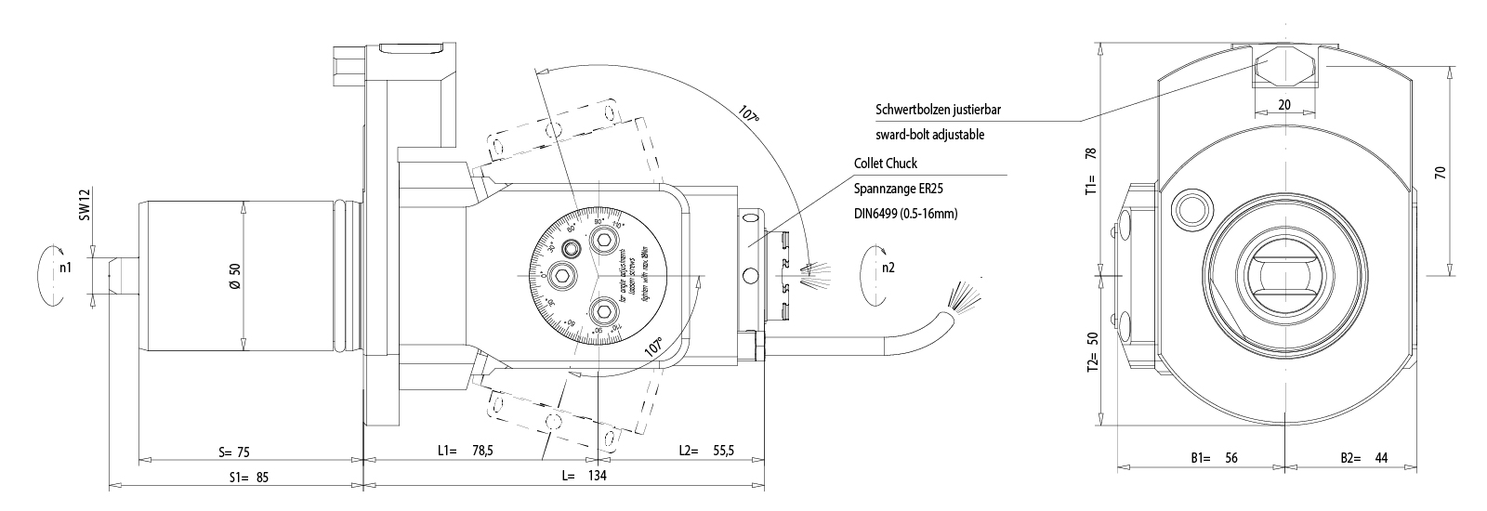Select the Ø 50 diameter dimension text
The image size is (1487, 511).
click(235, 276)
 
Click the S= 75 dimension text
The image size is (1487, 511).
click(234, 452)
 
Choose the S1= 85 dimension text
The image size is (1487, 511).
click(249, 478)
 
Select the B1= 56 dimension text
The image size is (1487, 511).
click(1214, 458)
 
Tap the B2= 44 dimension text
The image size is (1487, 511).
click(1362, 458)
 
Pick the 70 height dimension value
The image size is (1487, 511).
click(1440, 173)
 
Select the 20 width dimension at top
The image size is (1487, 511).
click(1284, 105)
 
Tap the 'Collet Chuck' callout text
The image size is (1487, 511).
click(885, 164)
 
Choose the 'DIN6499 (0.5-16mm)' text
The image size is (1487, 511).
click(904, 214)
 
